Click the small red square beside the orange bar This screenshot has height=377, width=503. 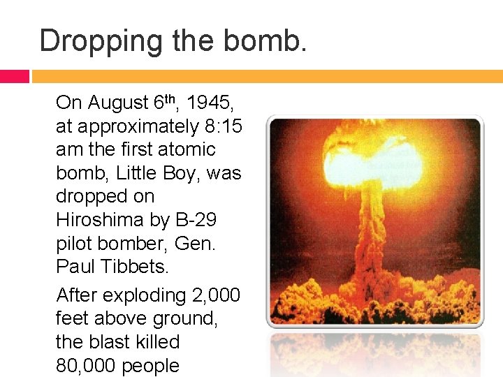(14, 76)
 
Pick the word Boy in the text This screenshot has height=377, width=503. (184, 173)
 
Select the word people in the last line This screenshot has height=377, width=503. (150, 366)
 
